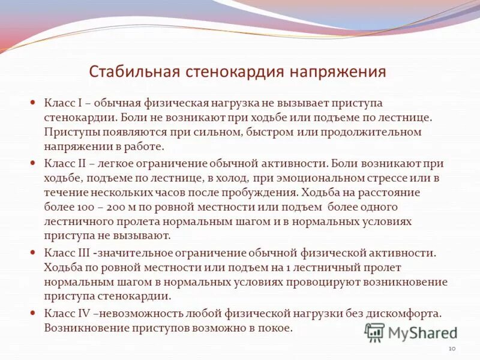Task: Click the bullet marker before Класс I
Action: pos(34,103)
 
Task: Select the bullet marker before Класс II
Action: pos(34,163)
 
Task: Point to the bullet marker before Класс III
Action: pos(34,253)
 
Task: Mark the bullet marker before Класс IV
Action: pos(34,313)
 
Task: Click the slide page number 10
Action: pos(452,349)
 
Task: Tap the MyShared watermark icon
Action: pos(374,332)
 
